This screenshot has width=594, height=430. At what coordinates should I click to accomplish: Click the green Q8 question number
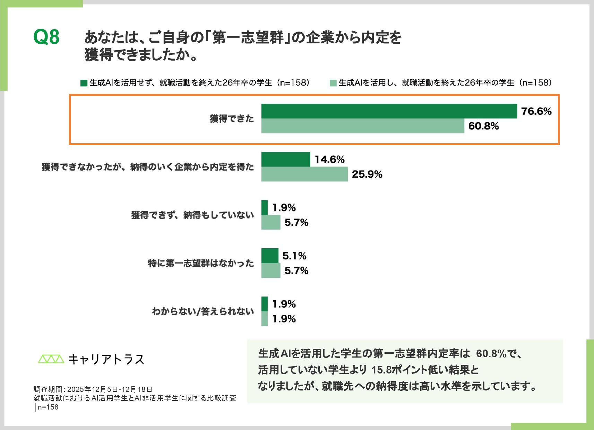(x=46, y=37)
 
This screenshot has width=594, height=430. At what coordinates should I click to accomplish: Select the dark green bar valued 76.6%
(x=389, y=111)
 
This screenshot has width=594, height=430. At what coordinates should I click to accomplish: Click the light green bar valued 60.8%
(x=362, y=126)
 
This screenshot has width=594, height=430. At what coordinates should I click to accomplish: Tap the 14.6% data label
(x=329, y=160)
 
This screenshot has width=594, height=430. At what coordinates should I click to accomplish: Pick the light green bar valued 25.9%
(x=304, y=174)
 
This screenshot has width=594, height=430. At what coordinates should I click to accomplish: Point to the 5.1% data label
(x=294, y=256)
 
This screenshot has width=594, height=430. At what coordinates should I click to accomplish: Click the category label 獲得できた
(x=232, y=119)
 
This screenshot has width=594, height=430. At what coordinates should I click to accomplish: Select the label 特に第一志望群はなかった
(x=201, y=263)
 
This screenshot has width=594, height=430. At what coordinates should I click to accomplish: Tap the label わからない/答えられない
(x=203, y=311)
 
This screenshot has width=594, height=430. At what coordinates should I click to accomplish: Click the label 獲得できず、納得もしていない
(x=192, y=215)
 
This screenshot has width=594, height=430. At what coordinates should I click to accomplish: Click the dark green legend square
(x=84, y=83)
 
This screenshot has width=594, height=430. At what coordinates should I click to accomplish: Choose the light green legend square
(x=333, y=83)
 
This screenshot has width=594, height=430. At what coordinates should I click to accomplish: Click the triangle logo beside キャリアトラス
(x=51, y=359)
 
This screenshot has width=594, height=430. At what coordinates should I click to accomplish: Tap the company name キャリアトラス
(x=106, y=359)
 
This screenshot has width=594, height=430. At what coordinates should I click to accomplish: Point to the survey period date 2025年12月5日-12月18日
(x=110, y=389)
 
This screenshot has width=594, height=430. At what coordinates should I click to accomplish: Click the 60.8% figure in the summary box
(x=491, y=354)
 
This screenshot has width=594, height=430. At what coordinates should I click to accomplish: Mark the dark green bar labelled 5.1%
(x=270, y=256)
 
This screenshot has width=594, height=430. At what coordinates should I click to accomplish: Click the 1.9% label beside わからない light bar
(x=284, y=319)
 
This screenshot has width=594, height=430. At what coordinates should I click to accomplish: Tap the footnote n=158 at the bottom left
(x=48, y=407)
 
